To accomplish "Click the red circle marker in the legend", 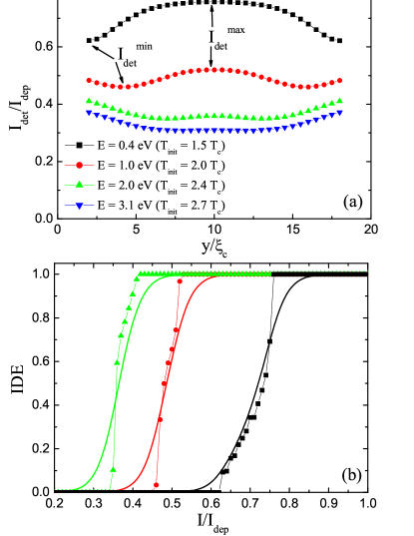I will coord(79,165).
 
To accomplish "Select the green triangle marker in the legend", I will coord(79,185).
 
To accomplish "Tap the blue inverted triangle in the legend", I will coord(79,206).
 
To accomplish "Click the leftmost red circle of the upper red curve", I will coord(89,80).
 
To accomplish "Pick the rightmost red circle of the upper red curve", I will coord(340,80).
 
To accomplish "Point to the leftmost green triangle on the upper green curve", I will coord(89,101).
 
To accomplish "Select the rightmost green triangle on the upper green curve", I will coord(340,100).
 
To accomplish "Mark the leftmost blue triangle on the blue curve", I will coord(89,112).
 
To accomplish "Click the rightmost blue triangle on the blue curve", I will coord(340,112).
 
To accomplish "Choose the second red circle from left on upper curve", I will coord(97,82).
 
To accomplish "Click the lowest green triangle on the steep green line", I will coord(113,469).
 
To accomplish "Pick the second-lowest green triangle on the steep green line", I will coord(118,362).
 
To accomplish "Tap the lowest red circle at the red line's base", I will coord(156,486).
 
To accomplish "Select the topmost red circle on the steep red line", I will coord(180,281).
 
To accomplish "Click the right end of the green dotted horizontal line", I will coord(368,270).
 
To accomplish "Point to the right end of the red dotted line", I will coord(368,275).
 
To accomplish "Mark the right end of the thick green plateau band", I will coord(270,273).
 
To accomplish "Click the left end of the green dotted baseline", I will coord(56,489).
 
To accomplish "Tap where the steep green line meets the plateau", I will coord(140,273).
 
